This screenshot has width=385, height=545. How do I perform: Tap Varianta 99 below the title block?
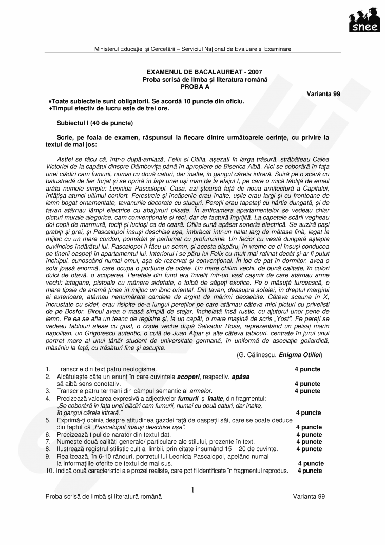[323, 94]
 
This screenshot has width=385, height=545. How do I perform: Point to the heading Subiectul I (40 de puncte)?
[94, 123]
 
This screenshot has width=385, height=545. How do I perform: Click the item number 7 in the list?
[47, 442]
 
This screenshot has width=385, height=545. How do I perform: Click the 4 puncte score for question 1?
[307, 369]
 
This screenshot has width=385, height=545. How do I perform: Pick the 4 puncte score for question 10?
[310, 471]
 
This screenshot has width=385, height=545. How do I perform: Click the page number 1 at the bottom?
[192, 490]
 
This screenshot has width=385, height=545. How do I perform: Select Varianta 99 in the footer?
[309, 497]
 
